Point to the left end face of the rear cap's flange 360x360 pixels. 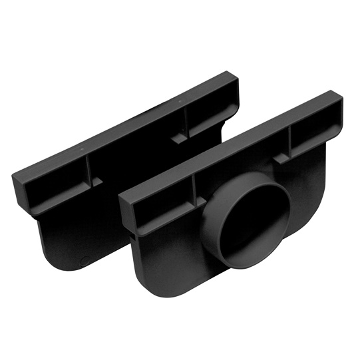click(19, 184)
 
